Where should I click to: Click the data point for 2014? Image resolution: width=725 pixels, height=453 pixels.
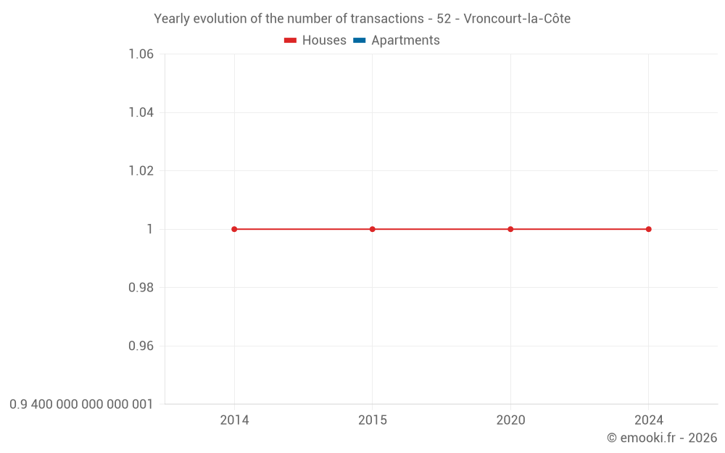pos(234,229)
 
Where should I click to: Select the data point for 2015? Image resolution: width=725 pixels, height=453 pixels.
pos(373,229)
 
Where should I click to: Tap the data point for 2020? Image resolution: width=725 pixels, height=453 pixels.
pos(510,229)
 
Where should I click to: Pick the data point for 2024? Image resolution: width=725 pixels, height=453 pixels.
pos(649,229)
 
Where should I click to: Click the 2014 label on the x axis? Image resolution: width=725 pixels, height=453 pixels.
pos(234,420)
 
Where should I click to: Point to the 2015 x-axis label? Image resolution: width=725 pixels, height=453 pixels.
pos(373,420)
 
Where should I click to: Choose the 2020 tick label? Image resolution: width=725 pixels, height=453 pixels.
pos(510,420)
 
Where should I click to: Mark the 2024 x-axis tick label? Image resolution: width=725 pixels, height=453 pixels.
pos(649,420)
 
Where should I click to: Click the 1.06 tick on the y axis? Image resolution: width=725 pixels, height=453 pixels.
pos(141,54)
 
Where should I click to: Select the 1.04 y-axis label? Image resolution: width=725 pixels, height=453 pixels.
pos(141,112)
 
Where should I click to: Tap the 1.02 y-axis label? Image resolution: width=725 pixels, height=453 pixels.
pos(141,171)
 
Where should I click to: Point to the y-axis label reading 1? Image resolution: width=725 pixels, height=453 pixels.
pos(150,229)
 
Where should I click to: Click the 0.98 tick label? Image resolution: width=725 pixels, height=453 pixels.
pos(141,288)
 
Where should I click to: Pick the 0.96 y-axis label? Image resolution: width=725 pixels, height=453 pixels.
pos(141,346)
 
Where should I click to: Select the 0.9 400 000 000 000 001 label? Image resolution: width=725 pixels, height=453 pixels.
pos(81,404)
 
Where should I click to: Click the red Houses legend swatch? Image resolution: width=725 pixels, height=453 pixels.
pos(290,41)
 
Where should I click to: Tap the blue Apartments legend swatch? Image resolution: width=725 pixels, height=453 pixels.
pos(359,41)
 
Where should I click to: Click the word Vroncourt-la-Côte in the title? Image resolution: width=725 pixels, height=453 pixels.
pos(517,19)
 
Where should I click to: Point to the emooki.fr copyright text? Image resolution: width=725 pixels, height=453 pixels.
pos(662,438)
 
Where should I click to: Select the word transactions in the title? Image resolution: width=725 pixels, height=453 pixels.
pos(385,19)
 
